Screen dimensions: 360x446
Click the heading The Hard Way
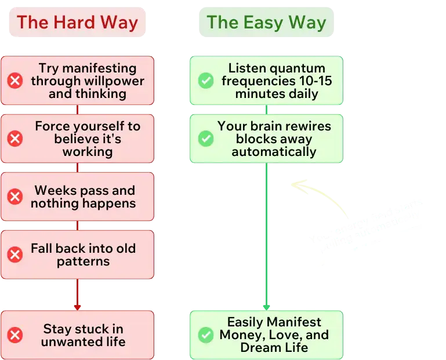(x=77, y=23)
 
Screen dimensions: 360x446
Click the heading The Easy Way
(x=266, y=23)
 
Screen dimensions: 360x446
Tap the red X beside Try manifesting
(x=15, y=81)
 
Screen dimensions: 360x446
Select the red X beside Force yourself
(x=15, y=138)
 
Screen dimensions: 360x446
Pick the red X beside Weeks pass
(x=15, y=197)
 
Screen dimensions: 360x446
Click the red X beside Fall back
(x=15, y=254)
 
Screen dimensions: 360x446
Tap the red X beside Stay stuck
(x=15, y=335)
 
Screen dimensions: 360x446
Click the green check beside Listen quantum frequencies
(x=206, y=81)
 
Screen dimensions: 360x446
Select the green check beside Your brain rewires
(x=206, y=139)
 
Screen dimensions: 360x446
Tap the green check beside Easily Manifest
(x=206, y=334)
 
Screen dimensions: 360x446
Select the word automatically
(x=274, y=152)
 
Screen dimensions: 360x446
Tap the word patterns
(x=83, y=261)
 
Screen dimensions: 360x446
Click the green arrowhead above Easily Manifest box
(x=266, y=306)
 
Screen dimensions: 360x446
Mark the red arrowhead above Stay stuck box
(x=77, y=306)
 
